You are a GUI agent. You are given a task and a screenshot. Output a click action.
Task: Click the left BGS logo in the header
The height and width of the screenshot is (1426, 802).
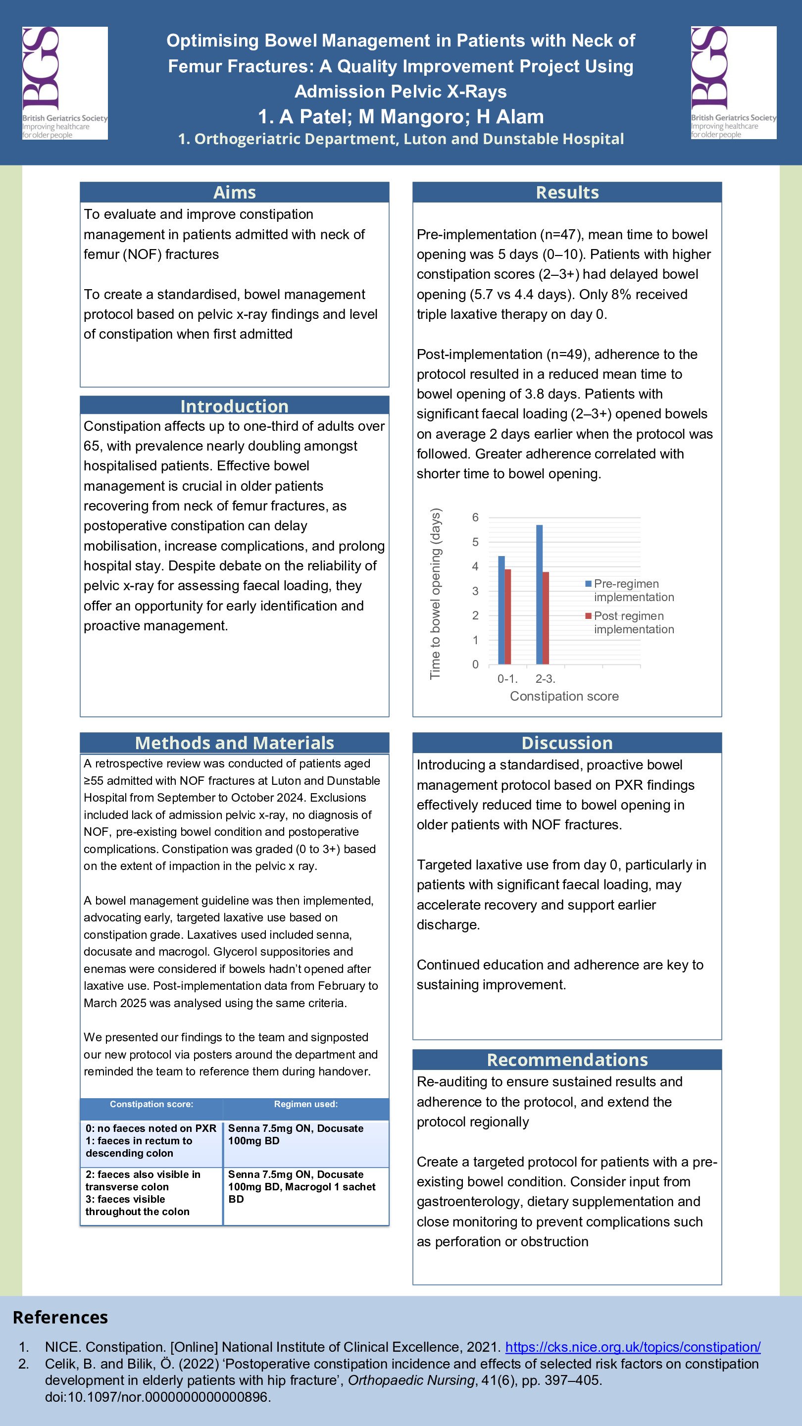[65, 83]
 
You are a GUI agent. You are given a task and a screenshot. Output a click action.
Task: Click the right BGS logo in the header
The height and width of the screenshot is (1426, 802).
[733, 83]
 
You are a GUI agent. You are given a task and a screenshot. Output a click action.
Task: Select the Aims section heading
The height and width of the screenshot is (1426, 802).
[234, 192]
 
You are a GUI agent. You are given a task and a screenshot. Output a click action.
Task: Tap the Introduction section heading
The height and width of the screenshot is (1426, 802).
[234, 406]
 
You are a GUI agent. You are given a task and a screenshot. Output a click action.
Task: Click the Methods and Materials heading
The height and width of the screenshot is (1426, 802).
[234, 743]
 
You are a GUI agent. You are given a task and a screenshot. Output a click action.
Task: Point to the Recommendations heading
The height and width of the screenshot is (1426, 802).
[567, 1060]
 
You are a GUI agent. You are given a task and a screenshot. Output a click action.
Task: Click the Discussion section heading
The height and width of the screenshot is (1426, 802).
[567, 743]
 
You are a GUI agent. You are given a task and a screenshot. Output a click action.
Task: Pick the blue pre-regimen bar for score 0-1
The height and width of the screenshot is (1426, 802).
[501, 610]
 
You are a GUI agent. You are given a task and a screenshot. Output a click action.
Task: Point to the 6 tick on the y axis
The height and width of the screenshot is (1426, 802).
[475, 517]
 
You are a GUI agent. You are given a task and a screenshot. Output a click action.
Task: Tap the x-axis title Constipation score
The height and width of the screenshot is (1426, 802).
[564, 696]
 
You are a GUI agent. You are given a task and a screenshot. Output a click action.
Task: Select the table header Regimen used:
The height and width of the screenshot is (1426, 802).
[305, 1104]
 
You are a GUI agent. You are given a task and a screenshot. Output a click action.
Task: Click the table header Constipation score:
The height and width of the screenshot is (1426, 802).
[151, 1104]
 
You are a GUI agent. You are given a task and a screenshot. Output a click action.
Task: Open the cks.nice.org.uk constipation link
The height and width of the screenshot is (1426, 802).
[633, 1347]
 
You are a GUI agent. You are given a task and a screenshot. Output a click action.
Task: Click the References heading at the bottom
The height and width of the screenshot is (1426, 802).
[60, 1317]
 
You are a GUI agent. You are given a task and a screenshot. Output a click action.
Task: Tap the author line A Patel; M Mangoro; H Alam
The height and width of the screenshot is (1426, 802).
[401, 116]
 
